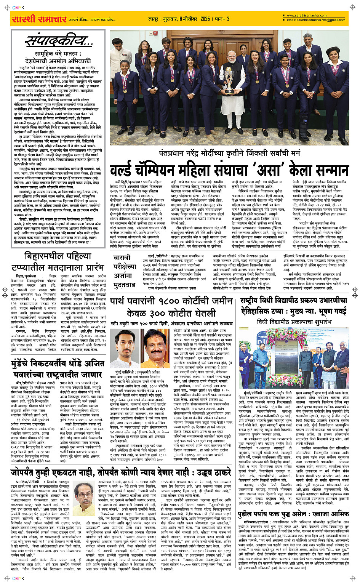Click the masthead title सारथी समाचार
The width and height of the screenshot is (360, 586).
39,19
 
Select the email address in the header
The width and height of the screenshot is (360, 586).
316,20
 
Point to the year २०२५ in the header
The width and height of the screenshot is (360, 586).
205,19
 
